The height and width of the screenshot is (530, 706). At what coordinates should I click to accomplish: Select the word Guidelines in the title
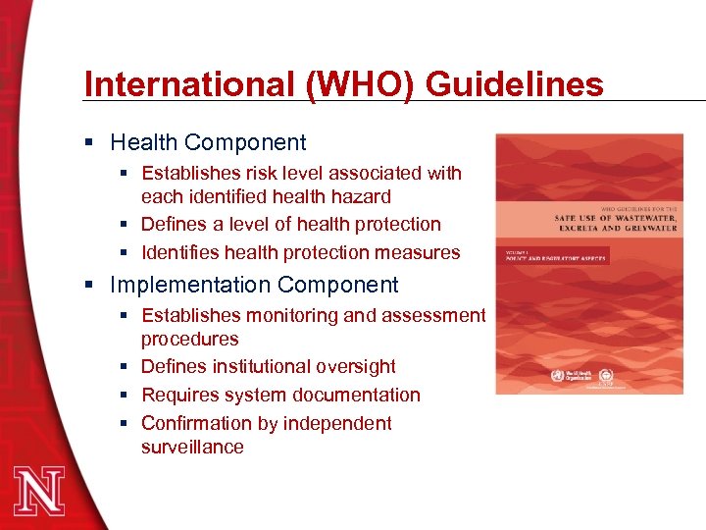[516, 84]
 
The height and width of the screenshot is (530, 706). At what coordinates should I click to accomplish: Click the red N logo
[40, 487]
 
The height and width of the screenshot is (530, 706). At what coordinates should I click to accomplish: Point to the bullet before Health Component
[90, 143]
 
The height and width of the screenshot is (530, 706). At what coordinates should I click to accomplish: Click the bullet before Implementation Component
[90, 286]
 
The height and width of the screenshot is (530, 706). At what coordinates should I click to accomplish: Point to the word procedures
[189, 340]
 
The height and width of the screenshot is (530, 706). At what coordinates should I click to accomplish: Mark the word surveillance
[192, 448]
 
